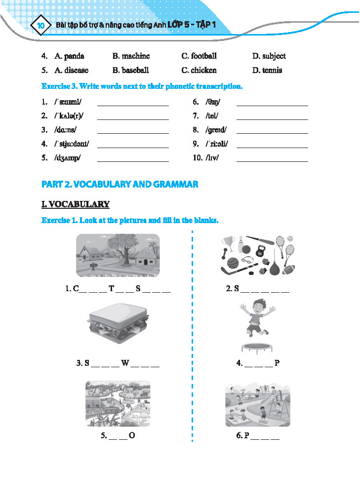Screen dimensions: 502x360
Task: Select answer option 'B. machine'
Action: click(x=131, y=56)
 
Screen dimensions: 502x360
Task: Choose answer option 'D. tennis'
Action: click(x=267, y=71)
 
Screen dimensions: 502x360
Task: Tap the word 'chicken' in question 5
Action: click(x=203, y=71)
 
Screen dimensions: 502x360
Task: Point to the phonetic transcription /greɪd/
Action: click(x=217, y=130)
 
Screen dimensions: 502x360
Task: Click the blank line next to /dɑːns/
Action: click(x=133, y=133)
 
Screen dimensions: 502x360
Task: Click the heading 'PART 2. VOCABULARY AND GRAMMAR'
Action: click(x=120, y=184)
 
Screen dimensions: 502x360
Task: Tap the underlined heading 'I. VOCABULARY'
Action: click(x=75, y=204)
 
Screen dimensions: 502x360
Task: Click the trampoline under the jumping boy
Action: click(x=257, y=348)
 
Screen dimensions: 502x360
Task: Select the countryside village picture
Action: click(x=118, y=255)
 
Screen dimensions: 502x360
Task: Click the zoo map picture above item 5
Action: click(x=118, y=404)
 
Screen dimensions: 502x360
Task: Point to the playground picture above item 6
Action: click(x=257, y=403)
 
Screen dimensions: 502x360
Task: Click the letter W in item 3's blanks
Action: click(x=125, y=364)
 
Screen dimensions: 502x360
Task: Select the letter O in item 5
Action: click(x=131, y=436)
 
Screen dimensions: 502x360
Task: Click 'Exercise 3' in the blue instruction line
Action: click(x=59, y=86)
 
